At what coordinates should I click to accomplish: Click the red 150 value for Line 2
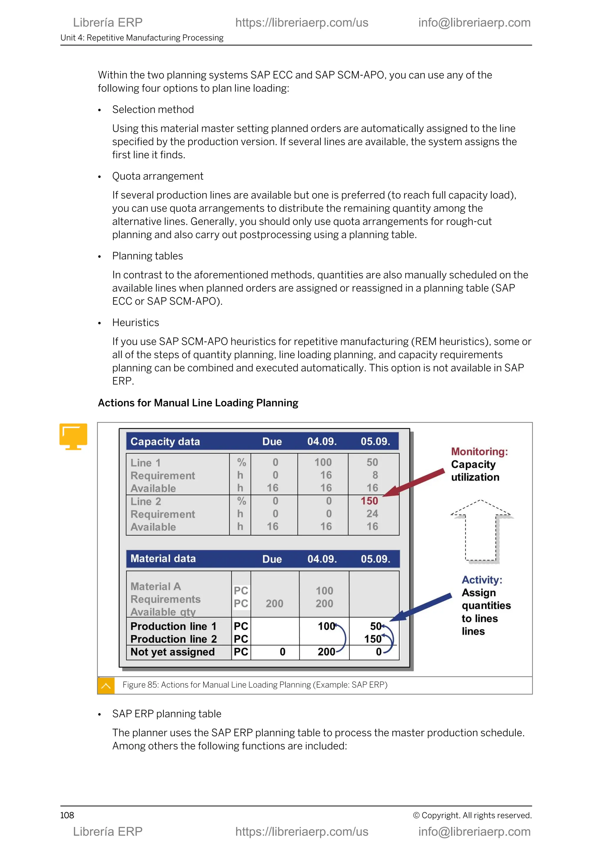pyautogui.click(x=369, y=501)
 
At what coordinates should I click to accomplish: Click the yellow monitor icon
pyautogui.click(x=73, y=436)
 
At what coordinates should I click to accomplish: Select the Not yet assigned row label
pyautogui.click(x=173, y=652)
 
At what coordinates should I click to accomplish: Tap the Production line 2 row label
pyautogui.click(x=173, y=639)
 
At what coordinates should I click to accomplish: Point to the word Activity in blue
pyautogui.click(x=482, y=580)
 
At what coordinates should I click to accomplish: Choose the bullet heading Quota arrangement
pyautogui.click(x=158, y=176)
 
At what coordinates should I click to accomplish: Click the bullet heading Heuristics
pyautogui.click(x=135, y=323)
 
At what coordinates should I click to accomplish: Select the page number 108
pyautogui.click(x=67, y=815)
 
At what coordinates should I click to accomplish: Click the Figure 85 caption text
pyautogui.click(x=255, y=685)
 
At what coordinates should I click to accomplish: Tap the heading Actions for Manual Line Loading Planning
pyautogui.click(x=198, y=403)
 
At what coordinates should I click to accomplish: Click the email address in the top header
pyautogui.click(x=474, y=23)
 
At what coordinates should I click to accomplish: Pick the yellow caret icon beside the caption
pyautogui.click(x=106, y=686)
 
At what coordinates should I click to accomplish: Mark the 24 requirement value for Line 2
pyautogui.click(x=372, y=514)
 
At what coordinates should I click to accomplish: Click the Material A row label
pyautogui.click(x=155, y=587)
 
